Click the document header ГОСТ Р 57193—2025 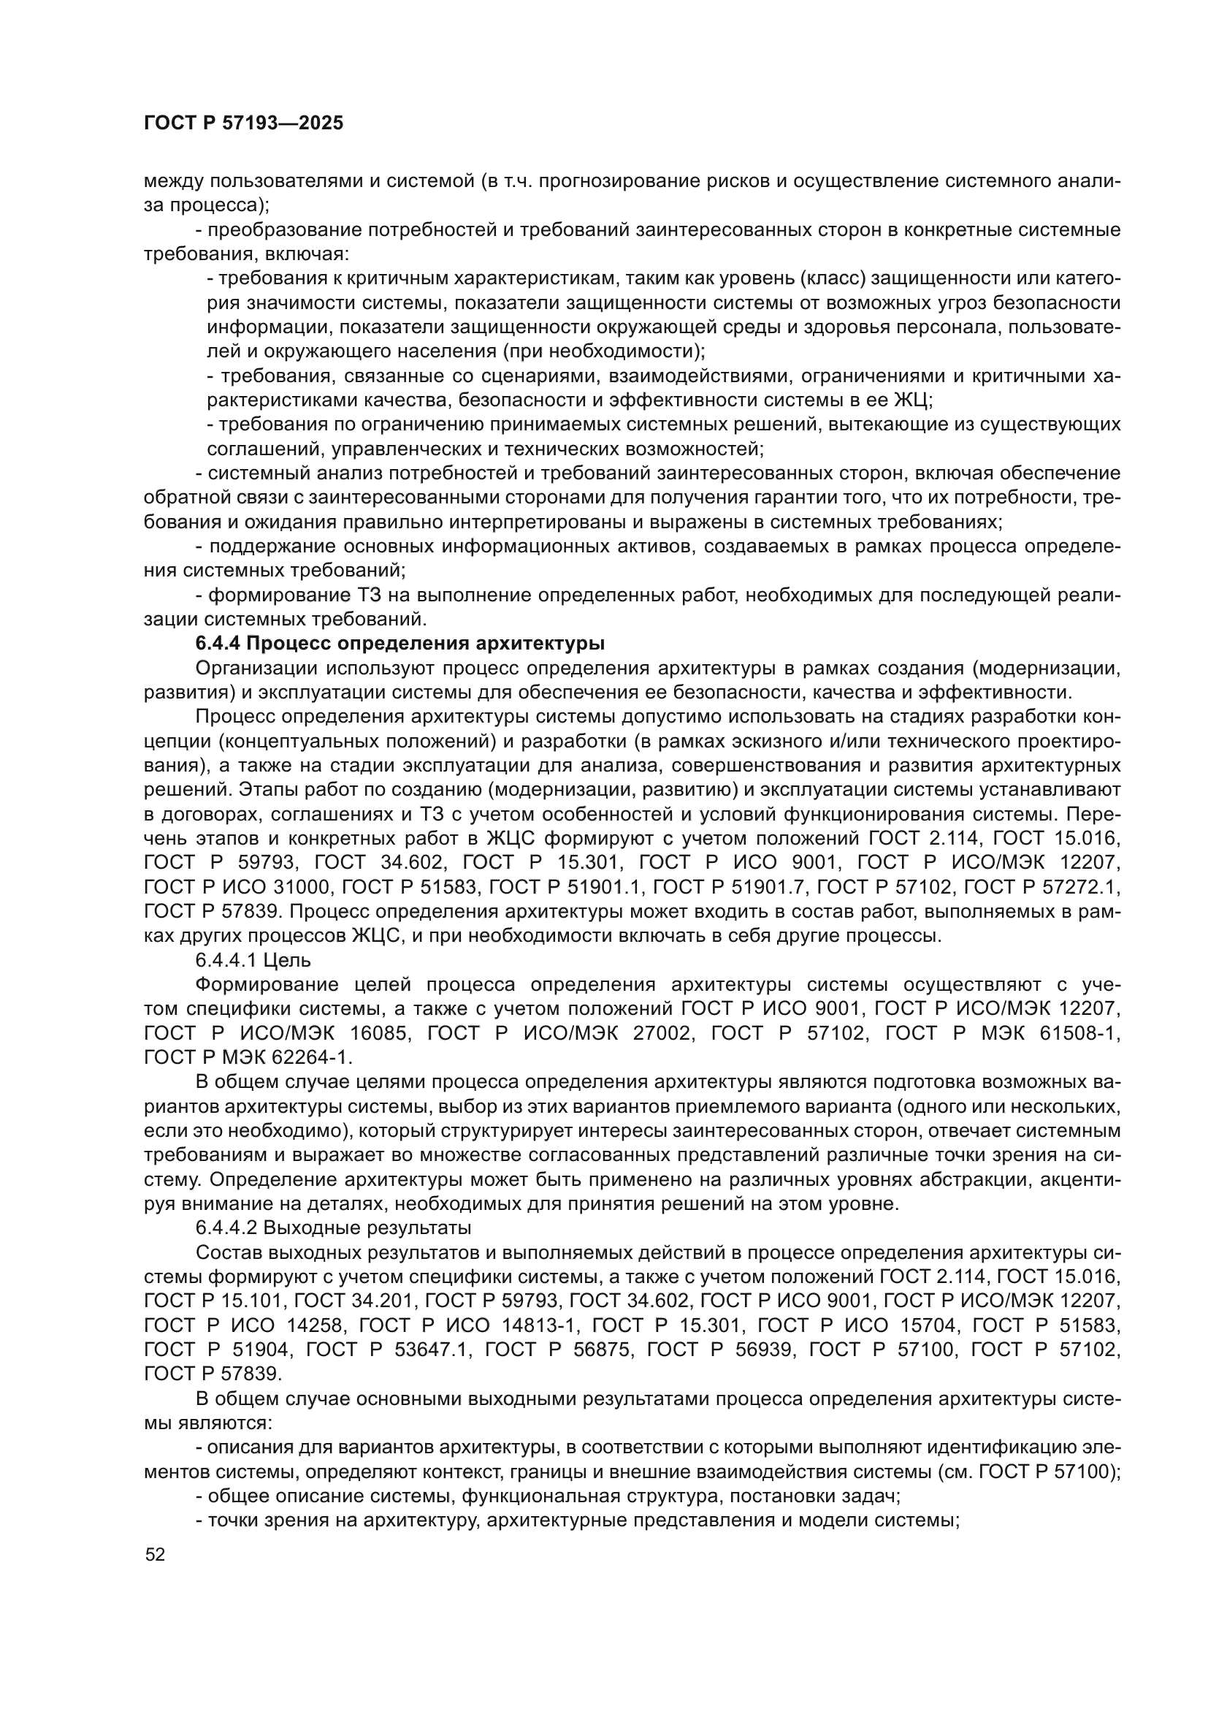click(244, 123)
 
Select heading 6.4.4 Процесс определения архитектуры click(400, 643)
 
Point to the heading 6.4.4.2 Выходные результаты click(333, 1227)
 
